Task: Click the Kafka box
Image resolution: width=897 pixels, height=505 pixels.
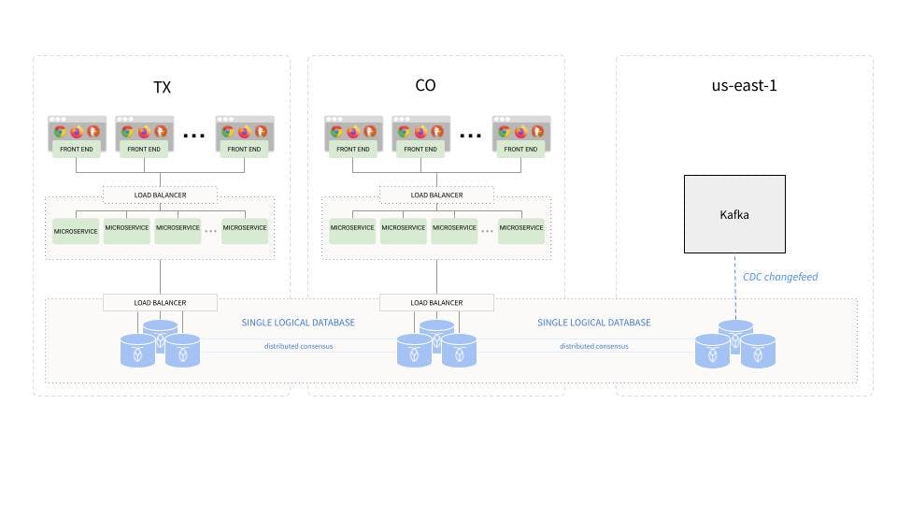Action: (734, 214)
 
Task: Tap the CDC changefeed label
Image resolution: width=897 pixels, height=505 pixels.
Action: (780, 277)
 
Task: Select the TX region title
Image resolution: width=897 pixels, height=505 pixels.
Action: (162, 88)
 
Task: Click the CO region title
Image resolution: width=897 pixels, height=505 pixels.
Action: (425, 86)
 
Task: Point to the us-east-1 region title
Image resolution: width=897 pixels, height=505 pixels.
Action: (744, 86)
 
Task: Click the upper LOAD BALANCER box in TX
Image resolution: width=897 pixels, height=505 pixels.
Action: (160, 195)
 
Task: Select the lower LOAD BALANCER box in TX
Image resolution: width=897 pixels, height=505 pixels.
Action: (160, 302)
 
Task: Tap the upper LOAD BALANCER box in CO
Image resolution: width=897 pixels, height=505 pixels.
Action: (436, 195)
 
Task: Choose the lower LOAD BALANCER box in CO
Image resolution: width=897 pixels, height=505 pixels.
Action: (436, 302)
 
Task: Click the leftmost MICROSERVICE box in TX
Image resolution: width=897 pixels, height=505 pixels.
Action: (76, 228)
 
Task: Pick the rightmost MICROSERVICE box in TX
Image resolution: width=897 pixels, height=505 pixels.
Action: (245, 228)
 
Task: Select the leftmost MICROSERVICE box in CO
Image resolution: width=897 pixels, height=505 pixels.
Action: (352, 228)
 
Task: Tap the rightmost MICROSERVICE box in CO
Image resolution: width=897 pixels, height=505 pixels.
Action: (521, 228)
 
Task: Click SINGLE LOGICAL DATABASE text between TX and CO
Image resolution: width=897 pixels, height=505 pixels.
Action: (298, 323)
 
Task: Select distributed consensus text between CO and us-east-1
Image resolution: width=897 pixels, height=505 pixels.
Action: (593, 346)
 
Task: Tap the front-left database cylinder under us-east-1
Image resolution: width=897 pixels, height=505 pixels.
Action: (713, 352)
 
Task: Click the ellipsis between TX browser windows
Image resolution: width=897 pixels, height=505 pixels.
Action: (193, 135)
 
